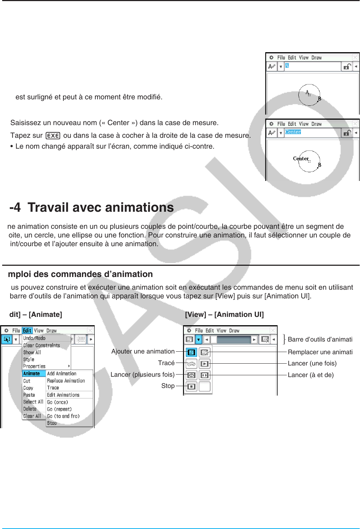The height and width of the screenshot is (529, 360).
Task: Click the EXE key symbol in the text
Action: click(x=53, y=136)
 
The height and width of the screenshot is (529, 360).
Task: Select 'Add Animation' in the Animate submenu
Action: click(x=62, y=373)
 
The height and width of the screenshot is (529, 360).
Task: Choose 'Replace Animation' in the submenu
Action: click(x=66, y=381)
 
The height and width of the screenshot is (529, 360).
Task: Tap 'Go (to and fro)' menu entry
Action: click(x=63, y=416)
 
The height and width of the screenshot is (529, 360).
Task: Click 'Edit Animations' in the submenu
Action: click(x=63, y=395)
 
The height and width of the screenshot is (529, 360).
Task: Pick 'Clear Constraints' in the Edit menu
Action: click(x=41, y=345)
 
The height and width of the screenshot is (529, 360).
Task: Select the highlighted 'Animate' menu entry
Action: click(x=32, y=373)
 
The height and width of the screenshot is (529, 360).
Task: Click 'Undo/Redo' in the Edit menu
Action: click(x=34, y=338)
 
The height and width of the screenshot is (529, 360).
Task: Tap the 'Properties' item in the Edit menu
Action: click(x=34, y=366)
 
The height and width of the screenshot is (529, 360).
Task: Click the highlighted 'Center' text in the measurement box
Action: click(x=293, y=132)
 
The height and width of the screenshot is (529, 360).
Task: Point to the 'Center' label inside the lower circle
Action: click(x=301, y=158)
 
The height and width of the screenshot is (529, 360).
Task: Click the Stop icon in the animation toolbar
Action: click(x=191, y=387)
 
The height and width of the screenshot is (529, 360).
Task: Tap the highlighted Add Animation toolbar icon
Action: click(x=191, y=352)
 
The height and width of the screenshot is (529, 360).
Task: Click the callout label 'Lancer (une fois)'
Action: click(x=312, y=363)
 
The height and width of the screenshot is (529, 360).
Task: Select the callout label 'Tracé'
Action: click(x=166, y=363)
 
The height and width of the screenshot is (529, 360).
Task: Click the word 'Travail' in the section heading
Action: click(x=48, y=207)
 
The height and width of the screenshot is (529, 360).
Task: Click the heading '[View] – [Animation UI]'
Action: click(x=224, y=314)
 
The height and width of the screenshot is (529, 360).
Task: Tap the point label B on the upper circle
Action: click(x=319, y=99)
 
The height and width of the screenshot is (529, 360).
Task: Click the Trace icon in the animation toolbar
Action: click(x=191, y=364)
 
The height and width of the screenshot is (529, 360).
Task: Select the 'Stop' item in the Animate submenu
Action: click(x=52, y=423)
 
